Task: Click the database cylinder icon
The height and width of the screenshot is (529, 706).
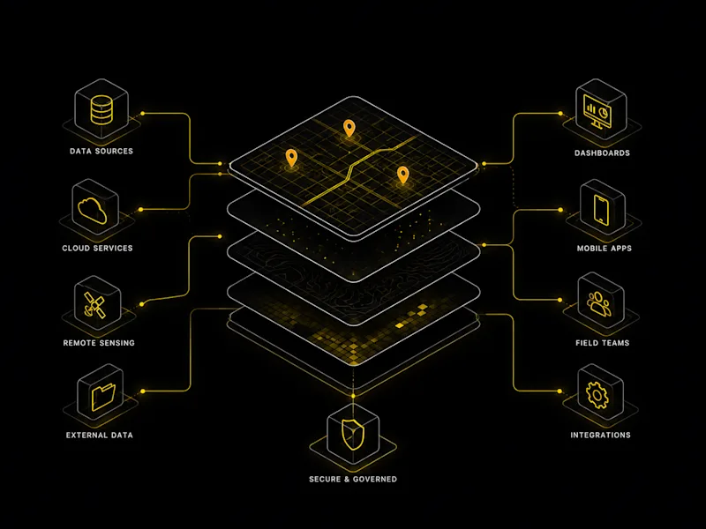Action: [x=101, y=109]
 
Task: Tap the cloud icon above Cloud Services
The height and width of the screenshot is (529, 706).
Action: [x=93, y=210]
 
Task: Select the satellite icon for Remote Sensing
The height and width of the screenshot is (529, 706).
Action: [x=94, y=304]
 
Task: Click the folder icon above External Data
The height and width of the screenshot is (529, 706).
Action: [x=103, y=396]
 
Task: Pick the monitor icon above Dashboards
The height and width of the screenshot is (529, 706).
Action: [x=597, y=110]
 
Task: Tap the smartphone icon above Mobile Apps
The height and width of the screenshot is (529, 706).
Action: [x=601, y=209]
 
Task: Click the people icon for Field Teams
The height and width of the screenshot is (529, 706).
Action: [x=599, y=303]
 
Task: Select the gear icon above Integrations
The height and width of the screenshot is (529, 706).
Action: [x=597, y=395]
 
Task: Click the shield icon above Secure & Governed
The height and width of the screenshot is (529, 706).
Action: [x=352, y=435]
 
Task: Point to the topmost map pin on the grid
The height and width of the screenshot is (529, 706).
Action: [x=349, y=128]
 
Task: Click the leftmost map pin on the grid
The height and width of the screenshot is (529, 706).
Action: [x=291, y=158]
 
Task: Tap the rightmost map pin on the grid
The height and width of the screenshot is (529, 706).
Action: [x=403, y=175]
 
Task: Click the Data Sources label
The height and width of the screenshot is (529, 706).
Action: [x=101, y=151]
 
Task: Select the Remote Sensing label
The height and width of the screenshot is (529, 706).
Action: [x=99, y=343]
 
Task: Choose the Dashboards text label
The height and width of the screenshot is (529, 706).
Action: [x=602, y=153]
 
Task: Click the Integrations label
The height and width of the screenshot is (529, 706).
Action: [x=600, y=435]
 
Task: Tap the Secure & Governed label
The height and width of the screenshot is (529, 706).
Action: [x=353, y=479]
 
